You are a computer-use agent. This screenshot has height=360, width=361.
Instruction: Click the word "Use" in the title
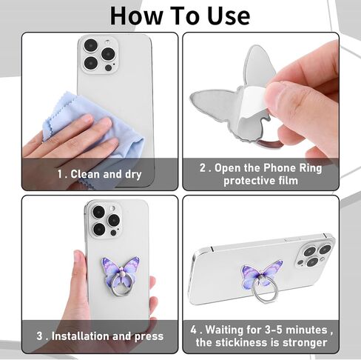coord(229,16)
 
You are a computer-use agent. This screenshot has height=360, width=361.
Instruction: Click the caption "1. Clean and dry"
coord(99,174)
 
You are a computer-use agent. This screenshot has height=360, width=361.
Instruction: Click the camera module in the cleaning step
coord(99,55)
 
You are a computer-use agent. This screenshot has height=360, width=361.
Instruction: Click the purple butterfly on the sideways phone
coord(261,275)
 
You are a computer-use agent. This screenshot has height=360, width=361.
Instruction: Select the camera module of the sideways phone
coord(314,253)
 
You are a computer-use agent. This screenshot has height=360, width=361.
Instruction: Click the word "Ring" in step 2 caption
coord(311,169)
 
